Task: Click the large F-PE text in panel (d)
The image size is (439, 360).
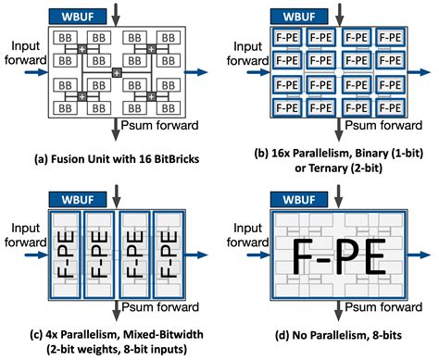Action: click(x=331, y=251)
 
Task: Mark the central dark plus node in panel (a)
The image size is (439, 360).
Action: click(x=116, y=72)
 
